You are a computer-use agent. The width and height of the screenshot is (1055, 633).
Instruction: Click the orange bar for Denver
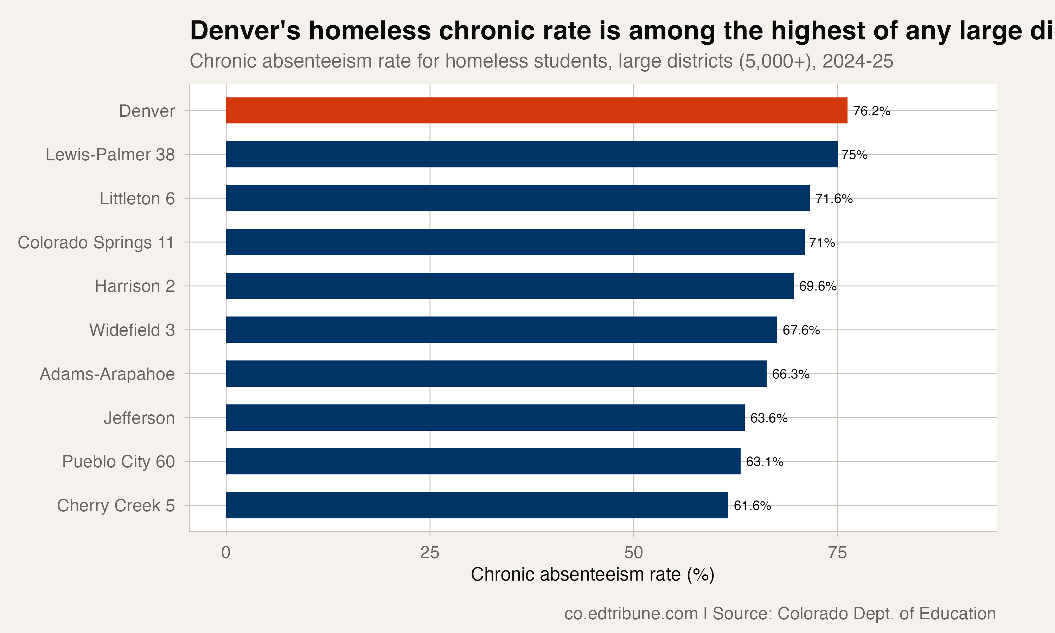[536, 110]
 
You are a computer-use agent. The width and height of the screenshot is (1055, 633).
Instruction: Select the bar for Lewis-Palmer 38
[531, 154]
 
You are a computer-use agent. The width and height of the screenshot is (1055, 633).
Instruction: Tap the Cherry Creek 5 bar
[477, 505]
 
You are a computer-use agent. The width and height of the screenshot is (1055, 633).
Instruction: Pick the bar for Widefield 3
[501, 330]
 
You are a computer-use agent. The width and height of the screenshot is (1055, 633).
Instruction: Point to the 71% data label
[822, 242]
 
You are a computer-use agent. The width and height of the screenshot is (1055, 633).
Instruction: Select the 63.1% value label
[764, 461]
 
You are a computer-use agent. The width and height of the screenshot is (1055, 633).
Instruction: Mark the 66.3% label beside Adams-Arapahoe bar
[790, 374]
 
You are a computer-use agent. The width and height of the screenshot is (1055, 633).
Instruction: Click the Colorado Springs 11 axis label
[96, 242]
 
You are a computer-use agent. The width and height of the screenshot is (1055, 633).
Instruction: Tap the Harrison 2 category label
[135, 286]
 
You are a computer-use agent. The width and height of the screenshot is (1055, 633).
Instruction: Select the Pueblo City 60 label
[119, 461]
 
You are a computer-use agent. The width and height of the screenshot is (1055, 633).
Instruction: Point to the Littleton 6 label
[137, 199]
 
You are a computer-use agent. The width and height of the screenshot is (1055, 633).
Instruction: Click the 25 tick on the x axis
[429, 553]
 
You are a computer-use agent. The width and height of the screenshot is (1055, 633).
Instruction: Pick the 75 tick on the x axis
[837, 553]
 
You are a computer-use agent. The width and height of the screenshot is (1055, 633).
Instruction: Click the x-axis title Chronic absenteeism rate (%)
[592, 575]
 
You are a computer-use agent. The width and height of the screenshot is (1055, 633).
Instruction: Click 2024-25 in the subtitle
[858, 62]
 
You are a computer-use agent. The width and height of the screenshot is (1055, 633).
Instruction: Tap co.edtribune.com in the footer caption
[631, 613]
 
